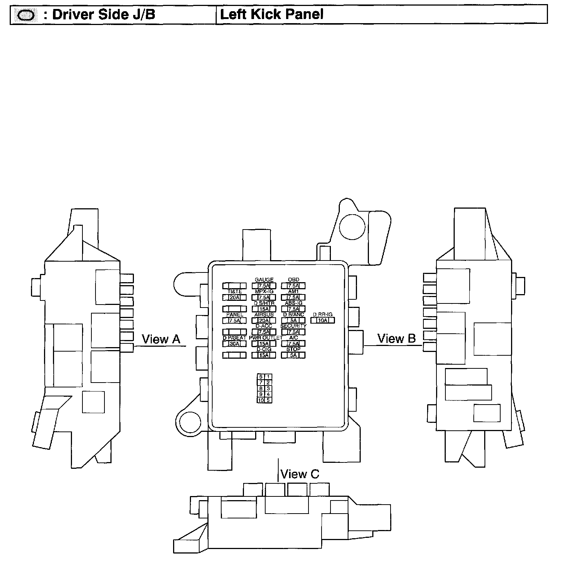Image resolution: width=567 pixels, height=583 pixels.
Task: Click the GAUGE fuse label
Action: click(x=264, y=280)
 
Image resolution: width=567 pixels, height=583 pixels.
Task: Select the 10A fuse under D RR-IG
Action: click(x=323, y=321)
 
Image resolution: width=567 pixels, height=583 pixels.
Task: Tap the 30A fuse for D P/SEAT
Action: click(x=234, y=344)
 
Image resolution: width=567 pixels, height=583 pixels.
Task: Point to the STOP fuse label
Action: click(x=293, y=349)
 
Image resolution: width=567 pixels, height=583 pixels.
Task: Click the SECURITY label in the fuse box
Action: click(x=294, y=326)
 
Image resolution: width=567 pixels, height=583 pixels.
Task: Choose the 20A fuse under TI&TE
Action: click(x=234, y=297)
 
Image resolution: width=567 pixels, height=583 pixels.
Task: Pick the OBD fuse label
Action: click(x=294, y=280)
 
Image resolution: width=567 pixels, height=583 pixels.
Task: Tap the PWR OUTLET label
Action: click(x=266, y=338)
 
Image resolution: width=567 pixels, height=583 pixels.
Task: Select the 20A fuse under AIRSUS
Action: click(x=264, y=321)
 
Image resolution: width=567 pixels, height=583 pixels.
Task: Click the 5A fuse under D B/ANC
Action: click(x=294, y=321)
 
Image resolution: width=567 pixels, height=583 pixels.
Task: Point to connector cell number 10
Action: click(x=261, y=400)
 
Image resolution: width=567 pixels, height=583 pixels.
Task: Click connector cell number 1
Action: click(x=268, y=377)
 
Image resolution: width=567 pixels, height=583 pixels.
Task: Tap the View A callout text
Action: click(x=161, y=339)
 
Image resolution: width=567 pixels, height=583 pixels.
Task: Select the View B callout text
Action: click(x=396, y=339)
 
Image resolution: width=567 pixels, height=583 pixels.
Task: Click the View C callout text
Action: click(x=300, y=474)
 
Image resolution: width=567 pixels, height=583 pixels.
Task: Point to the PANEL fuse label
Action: click(x=235, y=315)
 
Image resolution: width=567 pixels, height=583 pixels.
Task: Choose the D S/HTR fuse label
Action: click(x=264, y=303)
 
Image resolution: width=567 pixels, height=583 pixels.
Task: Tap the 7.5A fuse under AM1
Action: click(x=294, y=297)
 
